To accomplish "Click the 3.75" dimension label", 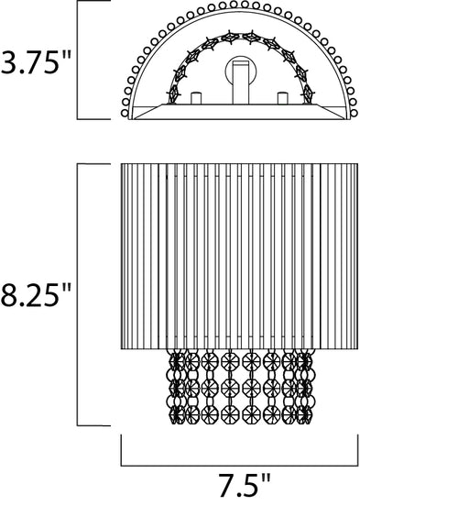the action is click(x=36, y=62).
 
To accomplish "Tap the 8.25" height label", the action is click(x=36, y=294).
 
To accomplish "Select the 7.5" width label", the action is click(x=245, y=485).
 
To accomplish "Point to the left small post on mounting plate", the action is click(x=196, y=98).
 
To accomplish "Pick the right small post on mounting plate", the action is click(x=282, y=98).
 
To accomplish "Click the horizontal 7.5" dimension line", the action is click(x=239, y=466).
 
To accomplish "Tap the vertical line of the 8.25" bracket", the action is click(x=77, y=294).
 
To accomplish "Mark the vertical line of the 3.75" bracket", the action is click(x=77, y=60).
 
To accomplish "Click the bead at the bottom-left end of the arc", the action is click(x=125, y=113).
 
